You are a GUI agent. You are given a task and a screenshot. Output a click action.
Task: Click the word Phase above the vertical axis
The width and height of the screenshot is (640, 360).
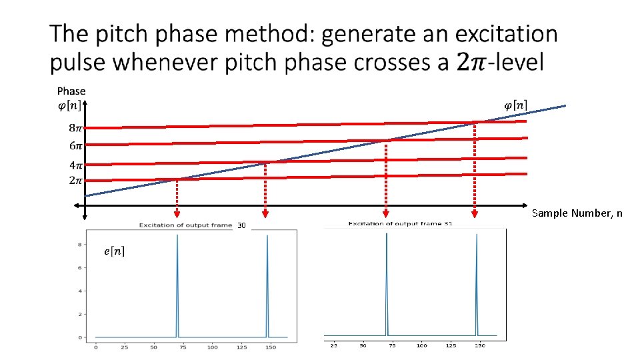(71, 91)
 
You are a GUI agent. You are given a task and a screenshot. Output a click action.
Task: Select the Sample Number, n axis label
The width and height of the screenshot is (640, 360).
(577, 213)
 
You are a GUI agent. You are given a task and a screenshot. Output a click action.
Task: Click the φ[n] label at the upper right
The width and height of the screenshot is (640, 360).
(515, 105)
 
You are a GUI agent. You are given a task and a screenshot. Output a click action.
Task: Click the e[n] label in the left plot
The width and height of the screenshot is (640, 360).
(114, 251)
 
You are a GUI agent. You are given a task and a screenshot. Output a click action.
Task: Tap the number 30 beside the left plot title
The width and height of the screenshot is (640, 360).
(241, 226)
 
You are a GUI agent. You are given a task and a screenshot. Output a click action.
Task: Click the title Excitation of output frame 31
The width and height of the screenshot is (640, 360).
(400, 224)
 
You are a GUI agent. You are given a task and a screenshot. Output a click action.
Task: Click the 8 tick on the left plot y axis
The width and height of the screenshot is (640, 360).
(80, 245)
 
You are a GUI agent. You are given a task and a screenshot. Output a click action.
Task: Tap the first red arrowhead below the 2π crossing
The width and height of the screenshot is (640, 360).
(177, 214)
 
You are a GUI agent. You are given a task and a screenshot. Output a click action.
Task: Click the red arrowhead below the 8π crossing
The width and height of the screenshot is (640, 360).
(475, 214)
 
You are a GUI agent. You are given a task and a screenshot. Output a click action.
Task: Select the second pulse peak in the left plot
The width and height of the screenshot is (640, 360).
(267, 237)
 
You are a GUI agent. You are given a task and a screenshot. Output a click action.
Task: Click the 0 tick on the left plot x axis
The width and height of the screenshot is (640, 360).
(96, 347)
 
